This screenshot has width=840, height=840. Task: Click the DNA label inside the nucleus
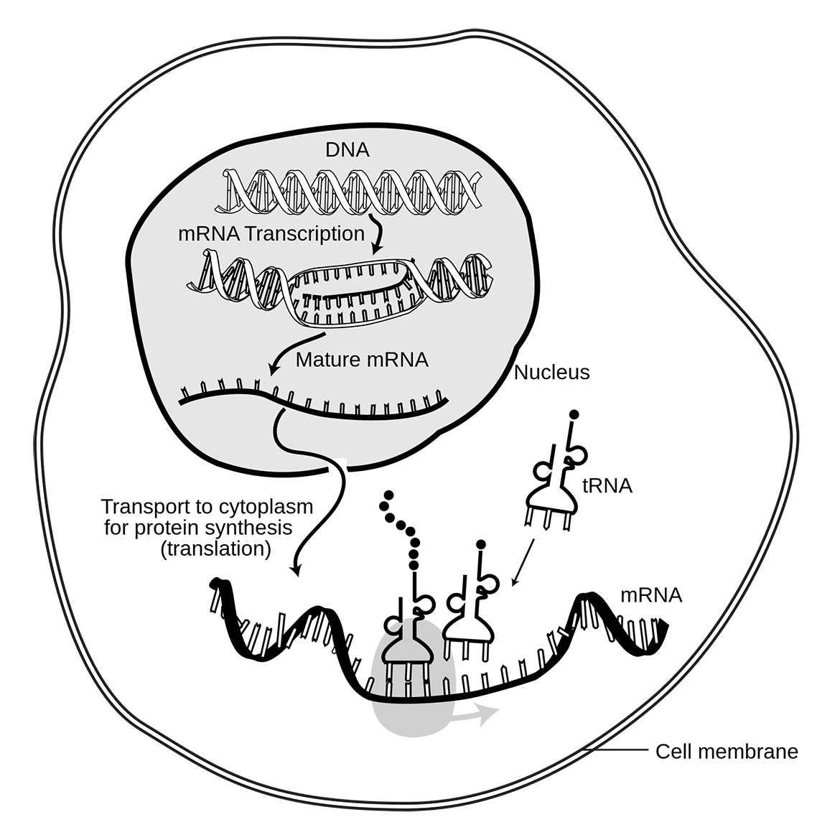(347, 151)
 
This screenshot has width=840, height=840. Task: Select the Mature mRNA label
(362, 360)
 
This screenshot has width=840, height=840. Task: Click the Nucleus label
(552, 373)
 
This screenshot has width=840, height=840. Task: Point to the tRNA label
(607, 486)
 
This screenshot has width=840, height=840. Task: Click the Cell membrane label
(727, 752)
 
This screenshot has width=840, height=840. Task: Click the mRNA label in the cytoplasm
(651, 595)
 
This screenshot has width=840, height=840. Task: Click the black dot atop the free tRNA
(574, 414)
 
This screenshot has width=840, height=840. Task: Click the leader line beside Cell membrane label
(617, 752)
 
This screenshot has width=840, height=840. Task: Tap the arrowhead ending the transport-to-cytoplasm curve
(294, 570)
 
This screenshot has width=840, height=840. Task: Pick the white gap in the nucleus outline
(337, 462)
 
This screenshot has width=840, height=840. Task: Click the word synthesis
(251, 528)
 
